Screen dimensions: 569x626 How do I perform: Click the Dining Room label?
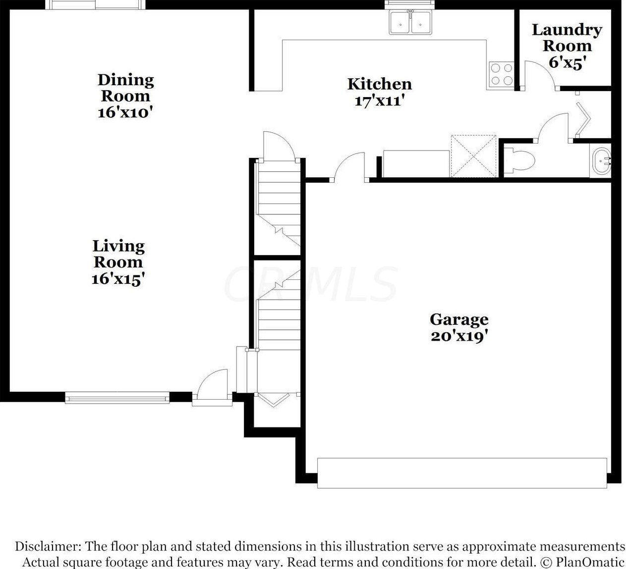tap(125, 88)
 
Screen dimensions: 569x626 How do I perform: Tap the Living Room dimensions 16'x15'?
tap(118, 279)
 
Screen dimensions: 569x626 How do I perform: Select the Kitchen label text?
tap(379, 84)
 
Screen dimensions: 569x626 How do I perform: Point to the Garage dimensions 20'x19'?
tap(459, 336)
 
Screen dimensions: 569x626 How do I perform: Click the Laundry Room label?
tap(567, 38)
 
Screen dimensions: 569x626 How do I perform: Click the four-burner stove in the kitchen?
tap(501, 74)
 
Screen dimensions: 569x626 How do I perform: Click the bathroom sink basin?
tap(602, 160)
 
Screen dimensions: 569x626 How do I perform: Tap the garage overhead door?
tap(461, 473)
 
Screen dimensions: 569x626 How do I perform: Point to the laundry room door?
tap(540, 74)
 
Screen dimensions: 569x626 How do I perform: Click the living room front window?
tap(117, 397)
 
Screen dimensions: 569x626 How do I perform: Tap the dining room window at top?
tap(96, 4)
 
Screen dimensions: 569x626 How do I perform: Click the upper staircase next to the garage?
tap(278, 203)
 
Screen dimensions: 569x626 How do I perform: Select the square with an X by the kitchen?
tap(473, 155)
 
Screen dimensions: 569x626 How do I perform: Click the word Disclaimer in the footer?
tap(47, 546)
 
